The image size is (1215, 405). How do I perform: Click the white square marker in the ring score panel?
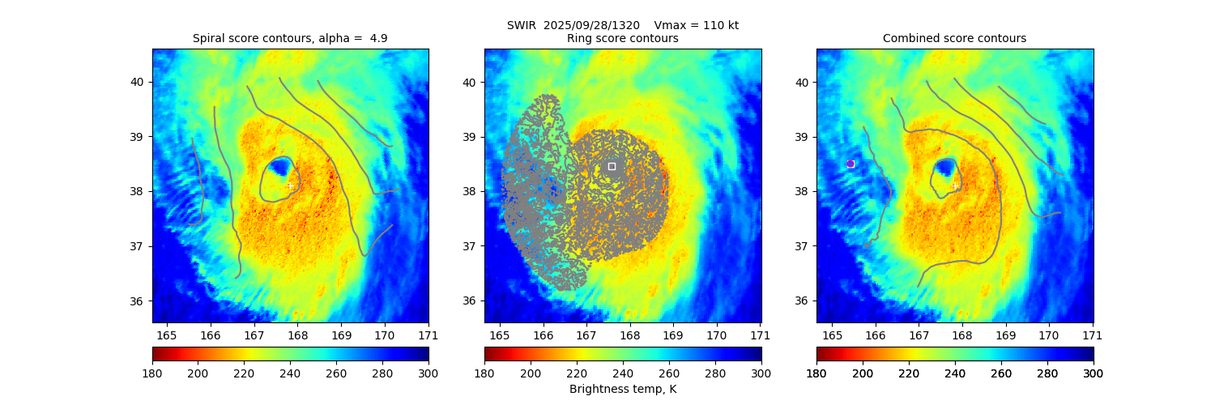[612, 166]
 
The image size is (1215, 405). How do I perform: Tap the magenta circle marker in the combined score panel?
[850, 164]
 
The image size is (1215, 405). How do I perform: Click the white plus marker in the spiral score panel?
[290, 186]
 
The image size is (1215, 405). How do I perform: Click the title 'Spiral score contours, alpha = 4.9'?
[290, 38]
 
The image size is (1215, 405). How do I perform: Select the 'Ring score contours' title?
[623, 38]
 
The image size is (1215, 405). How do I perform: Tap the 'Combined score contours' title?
[954, 38]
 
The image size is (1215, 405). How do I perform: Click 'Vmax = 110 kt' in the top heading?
[696, 25]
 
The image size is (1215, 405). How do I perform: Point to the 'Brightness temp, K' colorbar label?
[623, 389]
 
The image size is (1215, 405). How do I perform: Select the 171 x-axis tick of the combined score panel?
[1093, 335]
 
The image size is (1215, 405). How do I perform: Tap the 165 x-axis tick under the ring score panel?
[499, 335]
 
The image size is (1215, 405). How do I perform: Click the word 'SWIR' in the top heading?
[522, 25]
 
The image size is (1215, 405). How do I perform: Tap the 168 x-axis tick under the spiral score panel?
[297, 335]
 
